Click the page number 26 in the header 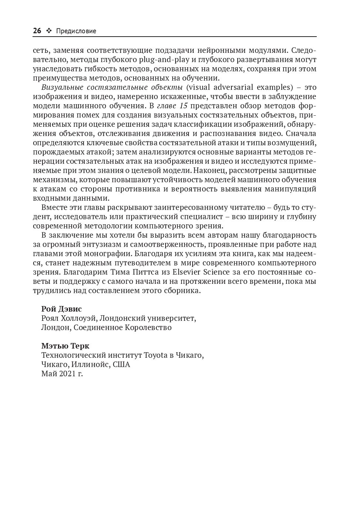[x=37, y=31]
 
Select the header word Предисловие [x=76, y=31]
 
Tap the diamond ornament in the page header [x=49, y=31]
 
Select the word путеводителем [x=140, y=263]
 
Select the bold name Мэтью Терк [x=65, y=346]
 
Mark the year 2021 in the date [x=66, y=374]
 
